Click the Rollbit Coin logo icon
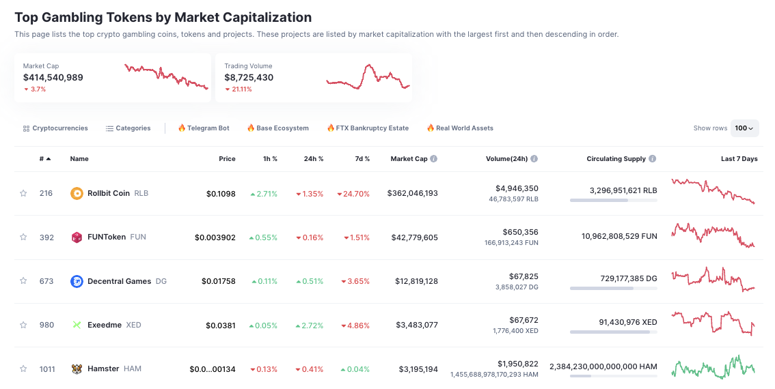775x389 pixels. coord(77,193)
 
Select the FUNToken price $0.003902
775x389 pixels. coord(215,237)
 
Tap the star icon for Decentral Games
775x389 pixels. coord(23,281)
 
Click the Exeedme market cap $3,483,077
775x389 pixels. coord(417,325)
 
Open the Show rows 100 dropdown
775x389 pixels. coord(744,128)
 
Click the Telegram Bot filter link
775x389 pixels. coord(204,128)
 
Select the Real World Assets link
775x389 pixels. coord(460,128)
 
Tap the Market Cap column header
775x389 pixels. coord(409,159)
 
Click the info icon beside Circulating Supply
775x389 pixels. coord(653,159)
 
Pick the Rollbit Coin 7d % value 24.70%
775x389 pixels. coord(353,194)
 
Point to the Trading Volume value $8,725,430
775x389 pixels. coord(249,78)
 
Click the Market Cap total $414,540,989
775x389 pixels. coord(53,78)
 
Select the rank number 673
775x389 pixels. coord(46,281)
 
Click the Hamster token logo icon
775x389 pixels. coord(77,369)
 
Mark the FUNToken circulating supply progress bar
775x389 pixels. coord(613,244)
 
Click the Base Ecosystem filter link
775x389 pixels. coord(278,128)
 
